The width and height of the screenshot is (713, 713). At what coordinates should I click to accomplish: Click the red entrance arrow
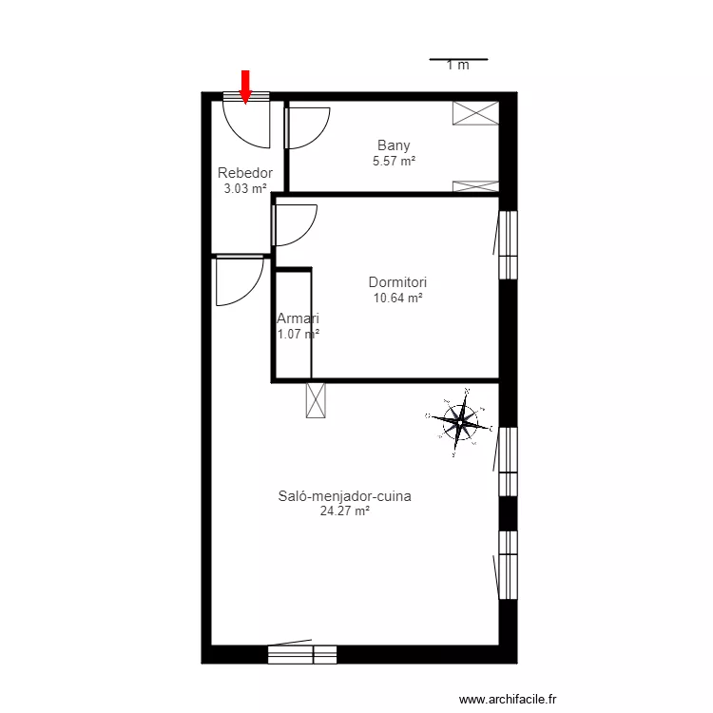(245, 86)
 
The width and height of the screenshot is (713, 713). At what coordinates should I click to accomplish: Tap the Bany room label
(394, 145)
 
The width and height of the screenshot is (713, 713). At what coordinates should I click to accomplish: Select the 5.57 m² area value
(394, 162)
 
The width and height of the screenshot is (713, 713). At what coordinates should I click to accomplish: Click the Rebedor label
(245, 173)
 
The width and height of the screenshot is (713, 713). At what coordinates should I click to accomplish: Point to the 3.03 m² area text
(245, 188)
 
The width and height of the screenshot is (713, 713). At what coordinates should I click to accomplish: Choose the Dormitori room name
(397, 282)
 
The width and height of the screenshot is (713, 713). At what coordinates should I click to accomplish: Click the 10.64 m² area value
(397, 298)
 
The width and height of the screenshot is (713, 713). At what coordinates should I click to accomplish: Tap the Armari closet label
(298, 318)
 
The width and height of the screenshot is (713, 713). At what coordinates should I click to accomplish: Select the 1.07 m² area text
(298, 334)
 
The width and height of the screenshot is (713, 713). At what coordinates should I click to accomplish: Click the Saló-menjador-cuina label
(344, 495)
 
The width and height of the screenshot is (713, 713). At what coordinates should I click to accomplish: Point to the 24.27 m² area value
(344, 511)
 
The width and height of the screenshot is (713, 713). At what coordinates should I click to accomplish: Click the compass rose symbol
(461, 421)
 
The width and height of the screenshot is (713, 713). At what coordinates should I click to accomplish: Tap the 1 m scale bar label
(458, 66)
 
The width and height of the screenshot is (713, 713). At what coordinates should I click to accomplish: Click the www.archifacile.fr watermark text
(510, 700)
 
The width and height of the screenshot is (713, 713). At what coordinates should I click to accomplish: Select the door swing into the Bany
(306, 127)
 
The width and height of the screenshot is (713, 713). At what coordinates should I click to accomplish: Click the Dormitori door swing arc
(294, 225)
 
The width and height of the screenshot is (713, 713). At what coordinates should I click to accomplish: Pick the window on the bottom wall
(302, 654)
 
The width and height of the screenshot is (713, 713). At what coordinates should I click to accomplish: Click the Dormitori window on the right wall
(509, 245)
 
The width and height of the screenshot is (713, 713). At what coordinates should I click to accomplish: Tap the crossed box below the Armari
(316, 399)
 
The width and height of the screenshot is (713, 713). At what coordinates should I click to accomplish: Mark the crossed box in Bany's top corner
(475, 113)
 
